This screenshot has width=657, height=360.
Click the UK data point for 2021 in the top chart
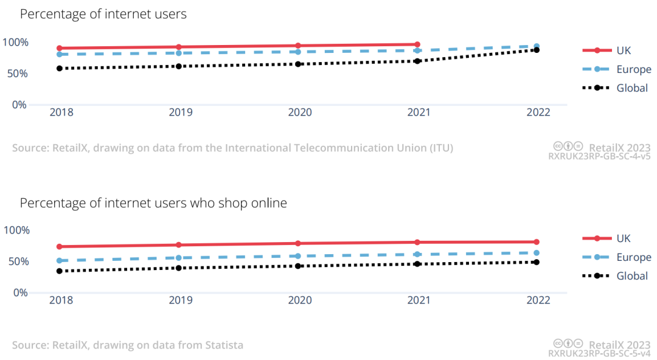click(417, 44)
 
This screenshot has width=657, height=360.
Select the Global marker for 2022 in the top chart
click(537, 50)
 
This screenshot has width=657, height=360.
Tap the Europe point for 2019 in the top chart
click(179, 53)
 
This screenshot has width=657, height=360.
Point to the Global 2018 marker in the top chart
click(60, 69)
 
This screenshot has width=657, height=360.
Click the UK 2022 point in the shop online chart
click(537, 242)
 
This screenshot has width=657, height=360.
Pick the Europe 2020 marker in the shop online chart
click(298, 256)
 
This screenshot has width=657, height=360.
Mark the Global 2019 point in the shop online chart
click(179, 268)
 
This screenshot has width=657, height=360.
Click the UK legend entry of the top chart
click(623, 51)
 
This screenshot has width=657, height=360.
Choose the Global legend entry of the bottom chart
click(631, 276)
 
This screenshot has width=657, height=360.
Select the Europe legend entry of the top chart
click(633, 69)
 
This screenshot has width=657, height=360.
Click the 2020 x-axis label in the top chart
click(299, 112)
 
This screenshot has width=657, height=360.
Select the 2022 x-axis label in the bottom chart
click(538, 300)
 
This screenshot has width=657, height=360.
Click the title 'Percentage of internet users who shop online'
click(153, 203)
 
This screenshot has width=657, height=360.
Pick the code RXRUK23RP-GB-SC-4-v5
click(599, 156)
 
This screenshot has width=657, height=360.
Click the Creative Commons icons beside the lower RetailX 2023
click(569, 344)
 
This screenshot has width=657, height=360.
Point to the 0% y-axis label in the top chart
click(19, 105)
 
